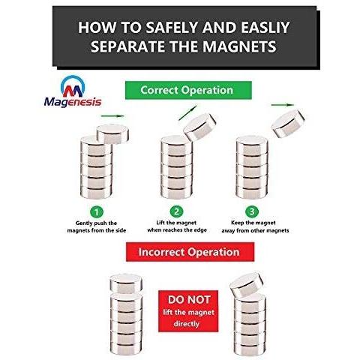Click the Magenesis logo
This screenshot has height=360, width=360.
pos(73,91)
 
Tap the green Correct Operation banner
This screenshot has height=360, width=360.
pos(188,90)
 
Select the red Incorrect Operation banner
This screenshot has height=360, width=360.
pos(190,252)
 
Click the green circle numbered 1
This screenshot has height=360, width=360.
pos(97,212)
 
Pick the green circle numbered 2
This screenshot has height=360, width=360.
pos(176,211)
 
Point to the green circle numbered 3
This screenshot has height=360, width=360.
pos(252,211)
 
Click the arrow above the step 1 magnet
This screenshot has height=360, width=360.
pos(112,116)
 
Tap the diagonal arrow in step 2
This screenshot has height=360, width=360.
pos(188,113)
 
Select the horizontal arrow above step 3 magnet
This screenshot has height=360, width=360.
pos(283,105)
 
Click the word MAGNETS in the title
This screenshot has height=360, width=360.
pos(239,46)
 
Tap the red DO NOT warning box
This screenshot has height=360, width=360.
pos(188,311)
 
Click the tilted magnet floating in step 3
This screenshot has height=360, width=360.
pos(288,123)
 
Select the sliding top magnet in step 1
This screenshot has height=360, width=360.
pos(113,133)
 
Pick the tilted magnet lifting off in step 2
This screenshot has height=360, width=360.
pos(199,127)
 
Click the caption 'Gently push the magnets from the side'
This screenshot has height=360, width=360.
pos(97,226)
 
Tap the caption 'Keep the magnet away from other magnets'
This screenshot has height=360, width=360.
pos(255,226)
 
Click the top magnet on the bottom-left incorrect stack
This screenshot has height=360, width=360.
pos(126,283)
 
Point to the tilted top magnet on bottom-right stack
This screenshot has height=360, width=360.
pos(247,285)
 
